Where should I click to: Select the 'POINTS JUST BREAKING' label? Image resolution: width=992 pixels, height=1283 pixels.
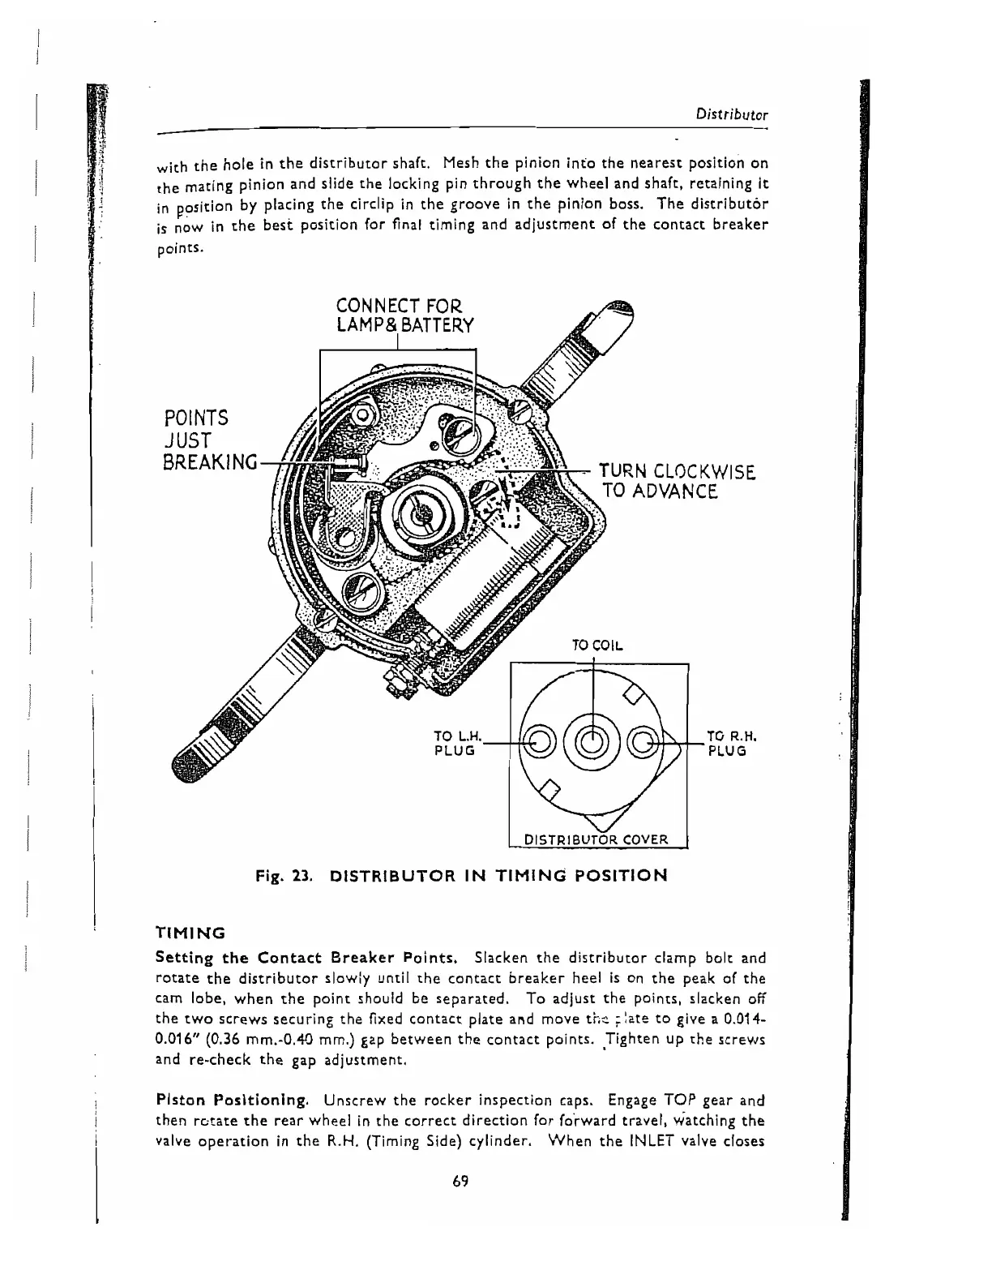(x=207, y=440)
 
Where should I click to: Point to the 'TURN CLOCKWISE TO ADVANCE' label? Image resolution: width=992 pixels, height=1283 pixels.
(x=677, y=482)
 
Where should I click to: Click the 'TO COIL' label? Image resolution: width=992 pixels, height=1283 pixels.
(x=596, y=646)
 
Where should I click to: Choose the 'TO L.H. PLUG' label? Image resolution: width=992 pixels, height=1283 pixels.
(x=459, y=743)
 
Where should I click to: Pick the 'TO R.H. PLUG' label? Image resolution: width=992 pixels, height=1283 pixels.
(x=731, y=743)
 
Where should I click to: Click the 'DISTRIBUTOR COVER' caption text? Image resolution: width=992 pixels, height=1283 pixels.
(x=596, y=839)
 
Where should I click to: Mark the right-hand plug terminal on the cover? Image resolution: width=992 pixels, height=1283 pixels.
(x=648, y=741)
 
